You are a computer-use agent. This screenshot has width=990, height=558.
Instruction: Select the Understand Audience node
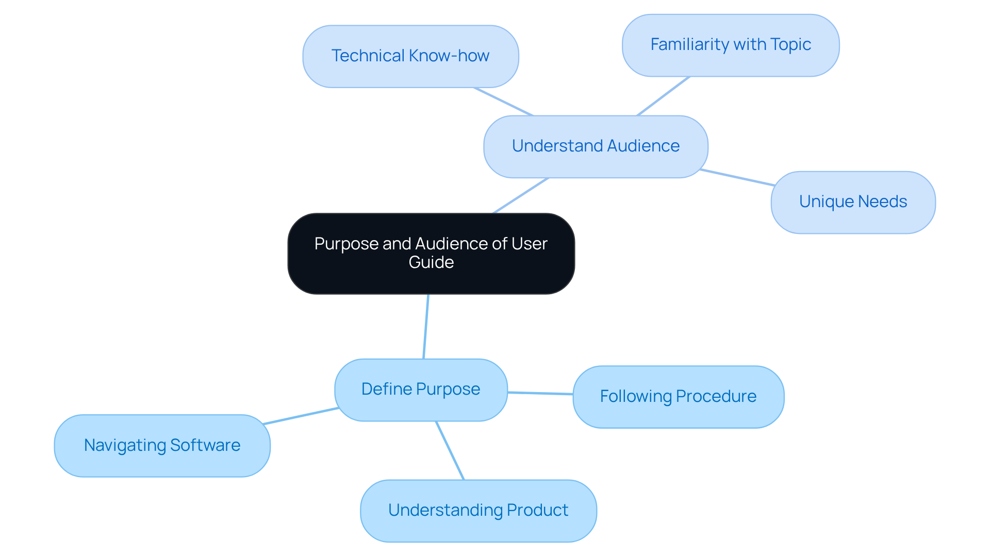click(596, 146)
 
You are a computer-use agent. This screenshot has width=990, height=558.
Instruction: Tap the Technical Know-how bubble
click(410, 56)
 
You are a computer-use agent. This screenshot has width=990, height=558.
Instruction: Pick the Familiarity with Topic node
click(731, 45)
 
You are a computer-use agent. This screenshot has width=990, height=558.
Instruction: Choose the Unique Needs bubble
click(853, 202)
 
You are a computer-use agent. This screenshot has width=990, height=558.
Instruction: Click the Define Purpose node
click(421, 390)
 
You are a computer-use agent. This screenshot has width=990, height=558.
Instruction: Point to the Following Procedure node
click(678, 397)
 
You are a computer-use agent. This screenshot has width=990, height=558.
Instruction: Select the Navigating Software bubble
click(162, 446)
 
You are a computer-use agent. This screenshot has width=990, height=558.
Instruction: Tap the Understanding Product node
click(478, 511)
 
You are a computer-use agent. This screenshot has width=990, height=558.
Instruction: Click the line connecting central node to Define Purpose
click(426, 327)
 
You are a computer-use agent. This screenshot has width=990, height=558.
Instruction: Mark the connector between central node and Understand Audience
click(521, 195)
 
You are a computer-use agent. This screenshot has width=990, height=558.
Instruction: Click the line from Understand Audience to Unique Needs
click(737, 177)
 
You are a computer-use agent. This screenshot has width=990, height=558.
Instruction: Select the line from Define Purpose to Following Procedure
click(540, 393)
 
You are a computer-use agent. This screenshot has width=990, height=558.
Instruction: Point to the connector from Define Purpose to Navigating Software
click(301, 416)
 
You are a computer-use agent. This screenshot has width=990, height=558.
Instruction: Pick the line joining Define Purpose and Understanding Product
click(450, 451)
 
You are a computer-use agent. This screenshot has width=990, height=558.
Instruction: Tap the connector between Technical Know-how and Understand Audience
click(503, 102)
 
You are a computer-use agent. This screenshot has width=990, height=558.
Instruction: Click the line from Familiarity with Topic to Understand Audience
click(663, 96)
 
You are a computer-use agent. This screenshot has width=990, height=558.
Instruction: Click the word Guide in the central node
click(431, 262)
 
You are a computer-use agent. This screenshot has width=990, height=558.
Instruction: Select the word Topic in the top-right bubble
click(791, 45)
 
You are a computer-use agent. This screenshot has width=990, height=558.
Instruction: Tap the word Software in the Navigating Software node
click(205, 445)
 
